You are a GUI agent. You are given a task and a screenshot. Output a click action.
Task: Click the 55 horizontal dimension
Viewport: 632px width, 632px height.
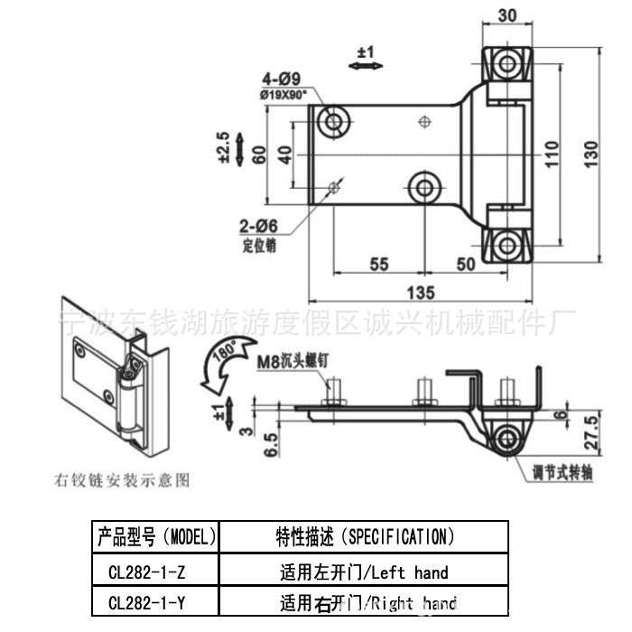coord(379,263)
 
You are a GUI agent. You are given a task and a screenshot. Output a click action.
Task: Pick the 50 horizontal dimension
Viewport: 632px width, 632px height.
coord(466,263)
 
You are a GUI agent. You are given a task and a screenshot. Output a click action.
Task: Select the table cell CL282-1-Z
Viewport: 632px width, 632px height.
coord(154,572)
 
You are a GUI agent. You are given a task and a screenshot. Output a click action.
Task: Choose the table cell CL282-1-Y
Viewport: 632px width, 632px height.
coord(154,602)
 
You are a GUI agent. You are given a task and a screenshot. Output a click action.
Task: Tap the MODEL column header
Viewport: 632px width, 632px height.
coord(154,537)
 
